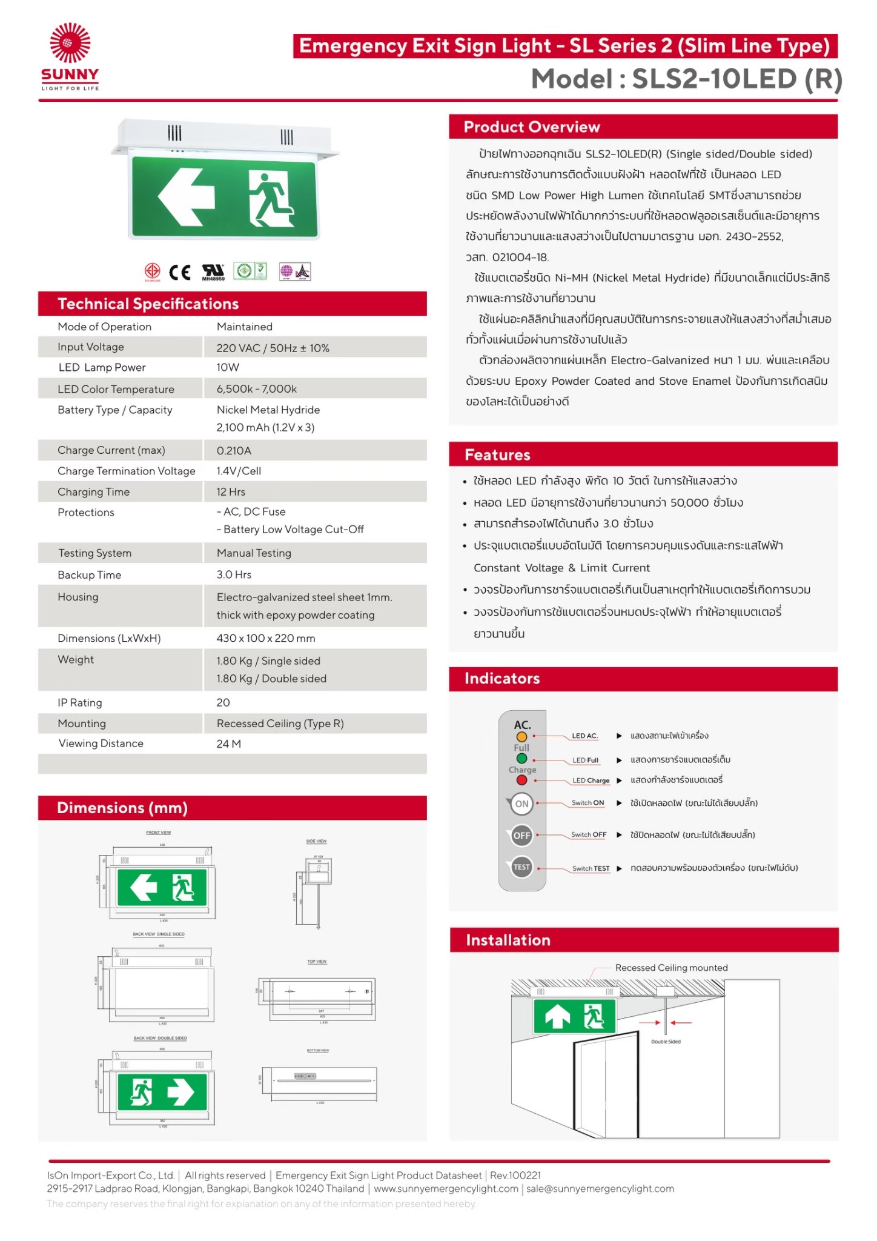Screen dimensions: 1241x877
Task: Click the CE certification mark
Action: (179, 272)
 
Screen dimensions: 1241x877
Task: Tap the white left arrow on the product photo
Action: (186, 196)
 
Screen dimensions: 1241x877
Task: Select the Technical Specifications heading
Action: (148, 304)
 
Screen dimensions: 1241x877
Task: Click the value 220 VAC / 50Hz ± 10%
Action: (273, 348)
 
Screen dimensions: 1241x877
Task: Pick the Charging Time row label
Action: (93, 492)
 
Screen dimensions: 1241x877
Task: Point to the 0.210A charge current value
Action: (234, 450)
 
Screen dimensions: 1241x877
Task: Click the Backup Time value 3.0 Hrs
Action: (234, 574)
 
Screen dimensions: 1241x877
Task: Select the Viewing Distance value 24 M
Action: (228, 744)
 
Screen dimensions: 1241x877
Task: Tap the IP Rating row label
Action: (79, 702)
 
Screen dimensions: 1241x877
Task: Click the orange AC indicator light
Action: (521, 737)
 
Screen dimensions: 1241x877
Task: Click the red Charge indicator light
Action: (521, 780)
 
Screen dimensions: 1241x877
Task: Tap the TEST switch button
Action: (521, 867)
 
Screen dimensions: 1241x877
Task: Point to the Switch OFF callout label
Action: (589, 834)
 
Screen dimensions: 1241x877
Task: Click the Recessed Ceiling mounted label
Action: (671, 968)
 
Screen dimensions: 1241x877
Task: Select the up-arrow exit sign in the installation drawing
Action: (574, 1016)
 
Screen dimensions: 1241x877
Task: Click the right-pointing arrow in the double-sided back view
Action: (180, 1091)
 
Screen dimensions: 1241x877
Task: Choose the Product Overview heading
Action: (532, 127)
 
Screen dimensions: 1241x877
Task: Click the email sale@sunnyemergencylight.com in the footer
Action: (600, 1188)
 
